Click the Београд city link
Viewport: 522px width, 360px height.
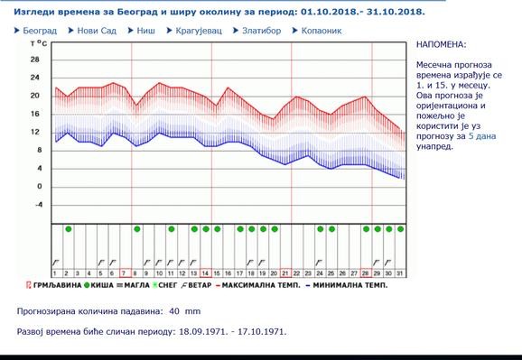point(40,31)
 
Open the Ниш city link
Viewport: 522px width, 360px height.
point(144,31)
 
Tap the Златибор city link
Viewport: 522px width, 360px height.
point(261,31)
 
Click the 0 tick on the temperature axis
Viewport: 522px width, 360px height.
point(38,186)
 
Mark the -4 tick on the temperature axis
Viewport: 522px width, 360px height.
point(35,204)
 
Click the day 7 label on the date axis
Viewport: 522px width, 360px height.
point(124,273)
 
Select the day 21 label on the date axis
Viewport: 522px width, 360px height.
point(284,273)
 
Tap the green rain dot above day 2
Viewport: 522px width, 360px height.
point(68,229)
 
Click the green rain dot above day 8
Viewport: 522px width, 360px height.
point(136,229)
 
